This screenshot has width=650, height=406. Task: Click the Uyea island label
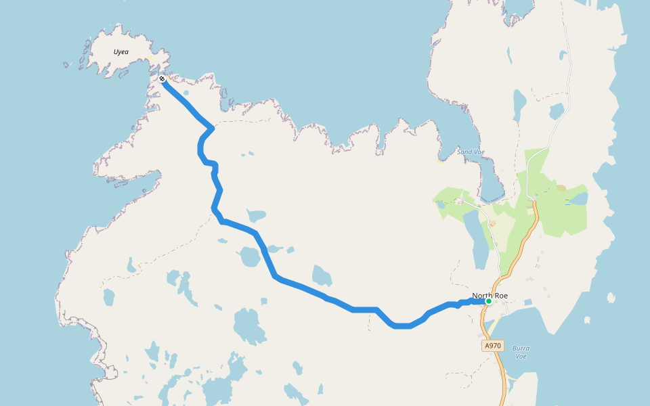[x=121, y=52]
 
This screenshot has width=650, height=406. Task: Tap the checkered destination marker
[x=162, y=79]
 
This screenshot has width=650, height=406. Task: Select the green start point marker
[x=488, y=301]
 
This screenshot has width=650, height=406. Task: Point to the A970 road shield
[x=493, y=346]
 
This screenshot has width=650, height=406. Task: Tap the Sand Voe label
[x=471, y=152]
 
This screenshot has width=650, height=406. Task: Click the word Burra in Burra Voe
[x=521, y=348]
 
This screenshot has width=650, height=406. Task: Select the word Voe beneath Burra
[x=521, y=357]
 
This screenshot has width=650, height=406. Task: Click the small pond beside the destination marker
[x=186, y=93]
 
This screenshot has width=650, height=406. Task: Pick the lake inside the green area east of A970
[x=579, y=198]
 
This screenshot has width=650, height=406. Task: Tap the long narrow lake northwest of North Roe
[x=479, y=240]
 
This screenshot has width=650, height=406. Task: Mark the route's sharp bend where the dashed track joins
[x=213, y=127]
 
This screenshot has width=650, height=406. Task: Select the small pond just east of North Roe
[x=528, y=302]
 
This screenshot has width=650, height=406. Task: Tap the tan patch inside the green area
[x=561, y=188]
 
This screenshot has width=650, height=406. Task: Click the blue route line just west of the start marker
[x=467, y=302]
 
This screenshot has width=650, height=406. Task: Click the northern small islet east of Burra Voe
[x=611, y=297]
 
